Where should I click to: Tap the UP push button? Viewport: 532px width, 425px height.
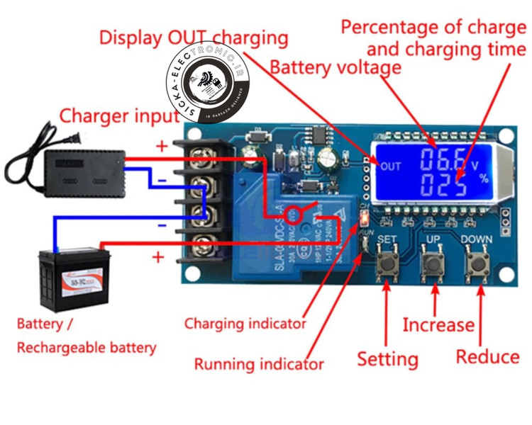point(432,264)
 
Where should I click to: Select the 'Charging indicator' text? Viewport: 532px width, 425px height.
point(245,324)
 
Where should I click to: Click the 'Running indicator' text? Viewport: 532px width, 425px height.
point(259,365)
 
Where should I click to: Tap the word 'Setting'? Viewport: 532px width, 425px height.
point(387,358)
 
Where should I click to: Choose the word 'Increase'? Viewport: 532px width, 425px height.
point(438,325)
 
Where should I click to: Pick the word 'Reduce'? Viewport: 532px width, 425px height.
point(487,356)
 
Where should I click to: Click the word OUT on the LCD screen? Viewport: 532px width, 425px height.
point(391,167)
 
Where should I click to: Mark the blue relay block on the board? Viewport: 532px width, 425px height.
point(294,234)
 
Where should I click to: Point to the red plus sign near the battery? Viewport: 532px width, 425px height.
point(157,256)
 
